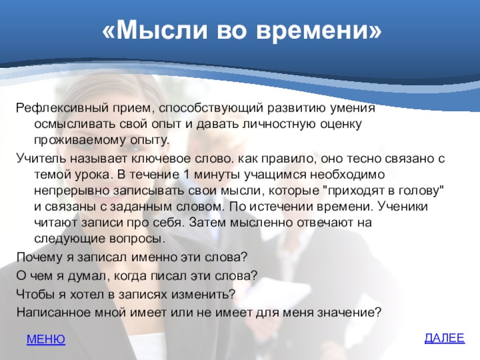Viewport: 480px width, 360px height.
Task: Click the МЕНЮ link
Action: point(46,339)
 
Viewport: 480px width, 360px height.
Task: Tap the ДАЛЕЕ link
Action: point(445,338)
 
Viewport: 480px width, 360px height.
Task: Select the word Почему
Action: point(40,257)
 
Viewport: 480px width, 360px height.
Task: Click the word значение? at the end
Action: point(349,313)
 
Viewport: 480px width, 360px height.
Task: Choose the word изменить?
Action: point(203,294)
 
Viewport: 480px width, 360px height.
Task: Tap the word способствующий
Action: point(211,109)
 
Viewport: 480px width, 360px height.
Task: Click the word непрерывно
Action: point(72,191)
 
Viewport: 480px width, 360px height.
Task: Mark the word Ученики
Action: point(403,206)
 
